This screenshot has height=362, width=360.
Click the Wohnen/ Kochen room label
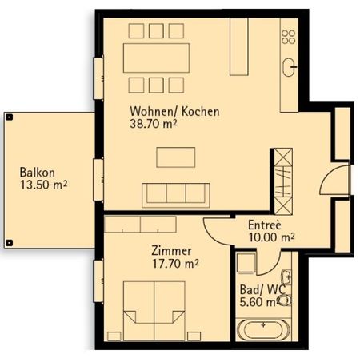[174, 111]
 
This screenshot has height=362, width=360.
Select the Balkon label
[38, 173]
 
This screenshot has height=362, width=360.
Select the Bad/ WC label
[258, 289]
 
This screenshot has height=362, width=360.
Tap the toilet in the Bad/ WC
[285, 301]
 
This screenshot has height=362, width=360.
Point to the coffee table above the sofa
[174, 157]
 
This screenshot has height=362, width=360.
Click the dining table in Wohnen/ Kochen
[156, 57]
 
